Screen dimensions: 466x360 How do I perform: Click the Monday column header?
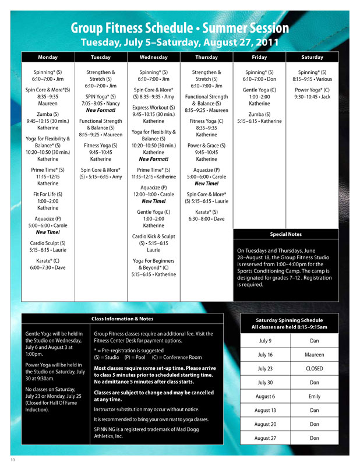[x=48, y=57]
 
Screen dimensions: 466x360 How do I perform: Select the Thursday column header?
[x=206, y=57]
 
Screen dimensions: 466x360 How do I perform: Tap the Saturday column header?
[x=312, y=57]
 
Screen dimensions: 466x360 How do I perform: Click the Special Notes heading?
[x=285, y=234]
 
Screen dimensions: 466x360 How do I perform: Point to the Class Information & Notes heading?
[x=122, y=319]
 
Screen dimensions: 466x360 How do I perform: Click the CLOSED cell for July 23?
[x=315, y=369]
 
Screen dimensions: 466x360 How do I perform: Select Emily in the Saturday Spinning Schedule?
[x=315, y=396]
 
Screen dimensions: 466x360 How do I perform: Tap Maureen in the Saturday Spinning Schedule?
[x=315, y=355]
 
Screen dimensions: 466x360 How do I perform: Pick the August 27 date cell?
[x=264, y=437]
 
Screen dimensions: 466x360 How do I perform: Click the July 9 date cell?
[x=264, y=341]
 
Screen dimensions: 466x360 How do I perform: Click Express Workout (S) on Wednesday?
[x=154, y=108]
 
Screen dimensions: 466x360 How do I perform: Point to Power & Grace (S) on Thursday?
[x=206, y=146]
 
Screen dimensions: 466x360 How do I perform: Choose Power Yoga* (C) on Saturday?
[x=312, y=90]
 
